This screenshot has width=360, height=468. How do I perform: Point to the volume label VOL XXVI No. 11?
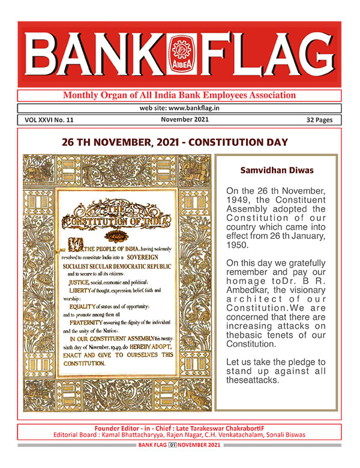(x=50, y=120)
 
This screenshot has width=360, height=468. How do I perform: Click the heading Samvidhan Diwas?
(x=277, y=170)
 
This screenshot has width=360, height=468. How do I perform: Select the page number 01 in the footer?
(x=172, y=445)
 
